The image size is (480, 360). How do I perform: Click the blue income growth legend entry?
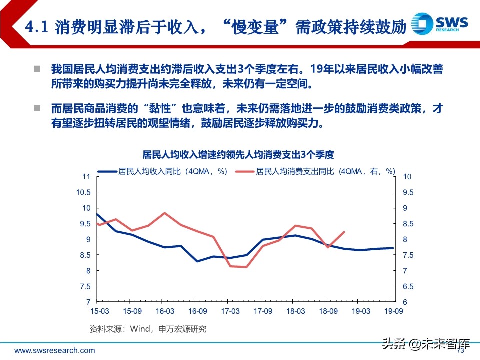tap(163, 171)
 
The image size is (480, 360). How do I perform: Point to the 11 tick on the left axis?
tap(86, 177)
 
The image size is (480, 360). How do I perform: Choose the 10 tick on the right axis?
tap(407, 177)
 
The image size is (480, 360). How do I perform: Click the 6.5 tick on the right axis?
tap(407, 287)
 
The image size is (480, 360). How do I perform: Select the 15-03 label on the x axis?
tap(99, 311)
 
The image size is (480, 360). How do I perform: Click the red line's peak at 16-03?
tap(165, 213)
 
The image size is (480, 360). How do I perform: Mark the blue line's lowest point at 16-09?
tap(197, 261)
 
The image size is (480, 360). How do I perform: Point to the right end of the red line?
tap(344, 231)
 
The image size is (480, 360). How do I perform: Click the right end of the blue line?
tap(393, 248)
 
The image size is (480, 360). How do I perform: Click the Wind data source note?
tap(148, 329)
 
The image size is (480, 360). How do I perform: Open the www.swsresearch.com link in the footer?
tap(54, 350)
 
